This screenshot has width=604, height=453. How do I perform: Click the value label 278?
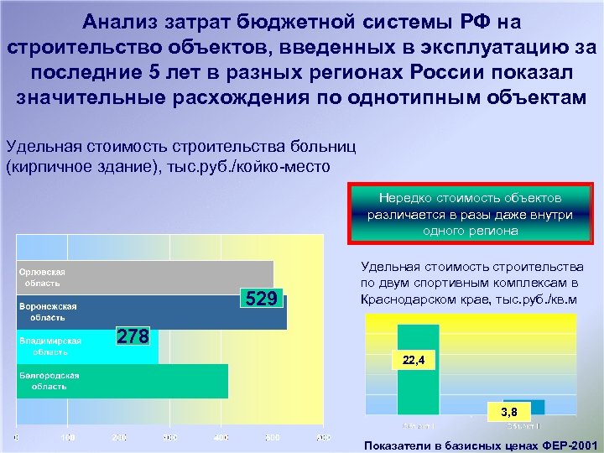click(x=133, y=336)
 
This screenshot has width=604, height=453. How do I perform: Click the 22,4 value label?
click(x=414, y=362)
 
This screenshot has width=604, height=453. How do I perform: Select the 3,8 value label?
click(x=508, y=412)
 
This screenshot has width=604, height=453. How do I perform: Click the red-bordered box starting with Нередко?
click(x=471, y=215)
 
